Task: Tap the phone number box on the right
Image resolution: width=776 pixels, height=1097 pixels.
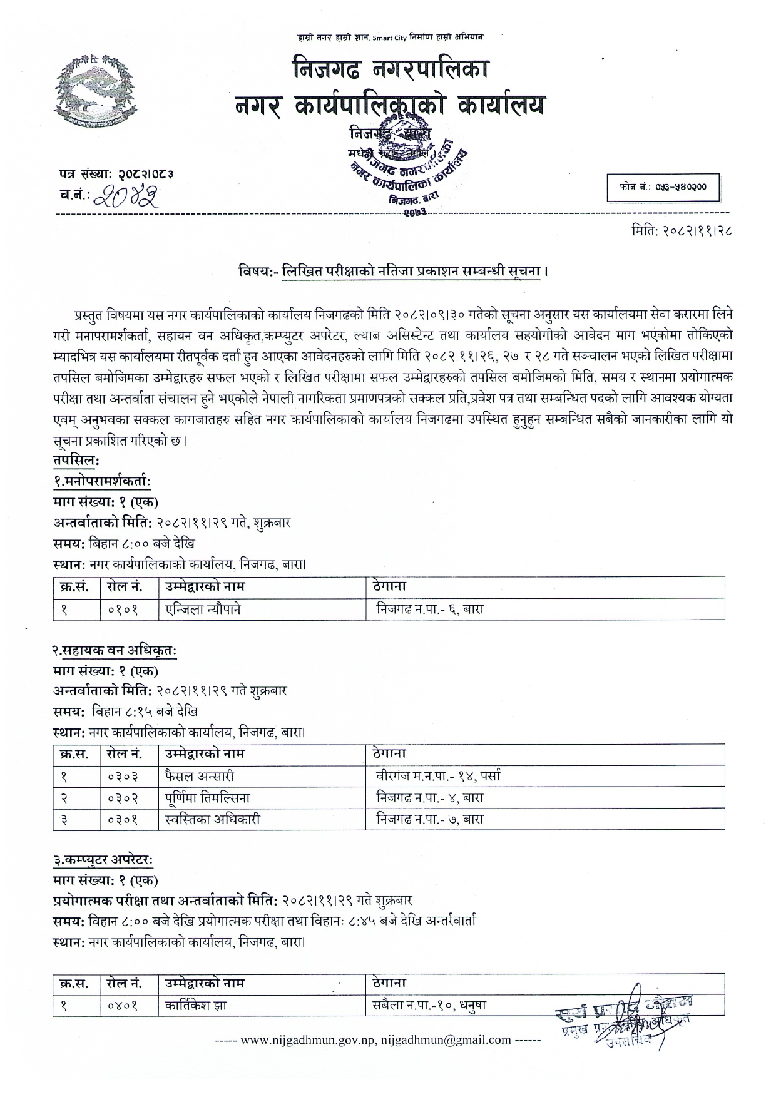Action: point(663,187)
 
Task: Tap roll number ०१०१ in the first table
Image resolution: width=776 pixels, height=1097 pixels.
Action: point(123,609)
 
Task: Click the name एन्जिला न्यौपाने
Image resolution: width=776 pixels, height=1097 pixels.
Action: point(203,609)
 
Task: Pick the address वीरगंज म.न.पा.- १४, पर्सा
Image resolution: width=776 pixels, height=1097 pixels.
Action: point(438,777)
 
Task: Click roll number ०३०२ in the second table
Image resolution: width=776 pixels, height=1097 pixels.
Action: point(123,798)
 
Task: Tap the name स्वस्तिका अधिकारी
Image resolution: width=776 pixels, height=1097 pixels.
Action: point(213,819)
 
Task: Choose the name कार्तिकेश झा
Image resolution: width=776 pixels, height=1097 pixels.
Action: point(196,1006)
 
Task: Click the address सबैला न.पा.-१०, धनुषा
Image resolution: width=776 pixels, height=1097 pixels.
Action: point(429,1006)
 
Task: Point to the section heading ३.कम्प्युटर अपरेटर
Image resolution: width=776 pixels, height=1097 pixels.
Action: point(103,860)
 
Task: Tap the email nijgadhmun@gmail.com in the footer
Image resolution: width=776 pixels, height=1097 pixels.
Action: point(446,1040)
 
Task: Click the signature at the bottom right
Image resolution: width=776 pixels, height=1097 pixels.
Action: point(626,1019)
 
